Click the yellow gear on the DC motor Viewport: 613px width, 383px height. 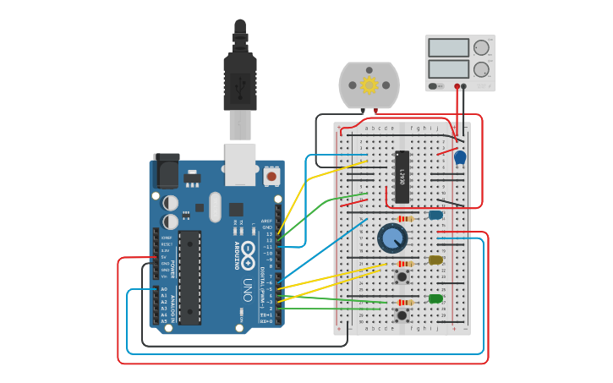pyautogui.click(x=369, y=85)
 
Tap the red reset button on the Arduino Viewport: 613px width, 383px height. pyautogui.click(x=271, y=177)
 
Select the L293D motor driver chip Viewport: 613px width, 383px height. pyautogui.click(x=402, y=178)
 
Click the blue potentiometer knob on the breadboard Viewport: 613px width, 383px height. pyautogui.click(x=391, y=238)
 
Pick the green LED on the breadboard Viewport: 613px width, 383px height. pyautogui.click(x=435, y=298)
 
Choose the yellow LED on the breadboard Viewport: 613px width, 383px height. pyautogui.click(x=435, y=260)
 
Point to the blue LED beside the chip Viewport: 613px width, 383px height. pyautogui.click(x=435, y=215)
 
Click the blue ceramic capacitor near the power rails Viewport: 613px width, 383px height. pyautogui.click(x=460, y=157)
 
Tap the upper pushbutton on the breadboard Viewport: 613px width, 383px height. pyautogui.click(x=402, y=276)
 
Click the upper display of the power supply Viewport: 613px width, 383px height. pyautogui.click(x=448, y=48)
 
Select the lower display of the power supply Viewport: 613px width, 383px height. pyautogui.click(x=448, y=68)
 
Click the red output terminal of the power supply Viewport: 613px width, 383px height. pyautogui.click(x=462, y=86)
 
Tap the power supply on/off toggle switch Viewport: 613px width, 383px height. pyautogui.click(x=435, y=86)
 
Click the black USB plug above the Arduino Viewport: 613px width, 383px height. pyautogui.click(x=240, y=80)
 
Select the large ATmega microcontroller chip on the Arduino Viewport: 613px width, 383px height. pyautogui.click(x=190, y=277)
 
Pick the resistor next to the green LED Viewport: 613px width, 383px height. pyautogui.click(x=406, y=303)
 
